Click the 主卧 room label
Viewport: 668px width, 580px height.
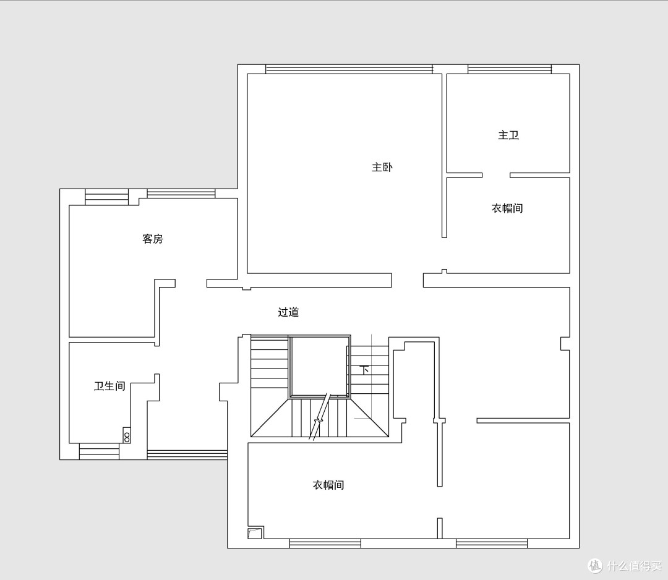click(x=382, y=167)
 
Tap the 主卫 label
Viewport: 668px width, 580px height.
click(x=508, y=135)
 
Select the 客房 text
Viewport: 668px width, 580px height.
click(x=153, y=239)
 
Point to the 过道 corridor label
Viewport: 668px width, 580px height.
click(x=288, y=312)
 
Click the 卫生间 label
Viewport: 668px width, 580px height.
click(x=110, y=386)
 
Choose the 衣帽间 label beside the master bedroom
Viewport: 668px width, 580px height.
click(x=507, y=208)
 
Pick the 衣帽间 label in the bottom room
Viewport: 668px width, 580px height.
click(x=328, y=485)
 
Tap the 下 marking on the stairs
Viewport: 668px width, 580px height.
click(x=364, y=370)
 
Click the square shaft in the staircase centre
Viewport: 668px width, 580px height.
click(x=320, y=367)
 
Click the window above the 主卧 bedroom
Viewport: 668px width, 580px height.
click(x=349, y=69)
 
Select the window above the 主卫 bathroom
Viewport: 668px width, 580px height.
click(x=510, y=69)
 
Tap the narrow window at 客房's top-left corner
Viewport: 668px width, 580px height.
click(x=106, y=197)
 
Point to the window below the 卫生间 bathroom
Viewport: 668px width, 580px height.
click(x=99, y=451)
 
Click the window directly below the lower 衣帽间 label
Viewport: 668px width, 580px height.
click(x=325, y=544)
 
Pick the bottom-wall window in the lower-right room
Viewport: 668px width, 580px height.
click(x=492, y=544)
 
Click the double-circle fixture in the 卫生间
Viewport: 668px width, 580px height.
click(x=127, y=435)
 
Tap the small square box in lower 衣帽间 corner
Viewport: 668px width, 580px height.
click(x=255, y=533)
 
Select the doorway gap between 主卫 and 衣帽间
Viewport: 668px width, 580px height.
click(x=496, y=175)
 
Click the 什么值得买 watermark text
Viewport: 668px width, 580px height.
click(x=635, y=566)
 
